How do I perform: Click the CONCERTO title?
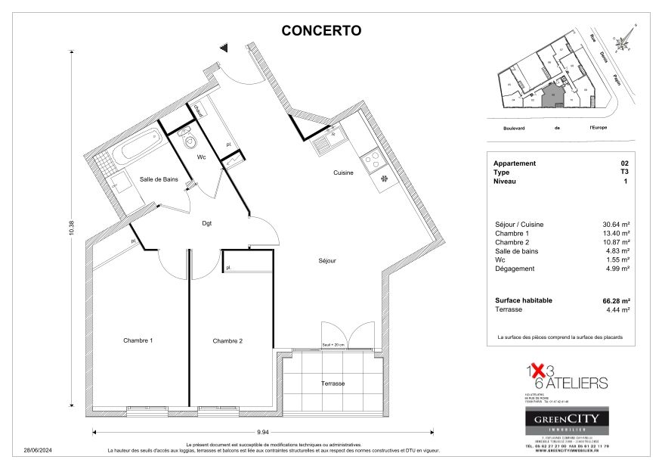321,31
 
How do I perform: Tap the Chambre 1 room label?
138,341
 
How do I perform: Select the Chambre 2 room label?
227,341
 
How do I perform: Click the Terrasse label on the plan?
333,384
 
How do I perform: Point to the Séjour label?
326,261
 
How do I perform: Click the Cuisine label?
344,172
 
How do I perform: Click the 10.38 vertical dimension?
72,227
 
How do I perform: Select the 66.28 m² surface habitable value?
615,300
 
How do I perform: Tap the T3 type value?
623,172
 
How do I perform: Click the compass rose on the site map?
623,43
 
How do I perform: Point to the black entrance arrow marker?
224,48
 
